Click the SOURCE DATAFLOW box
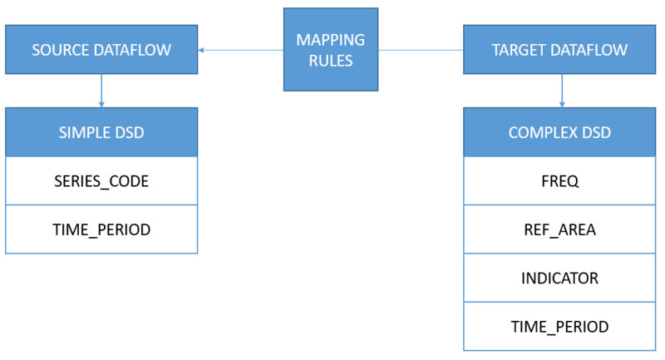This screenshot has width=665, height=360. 101,50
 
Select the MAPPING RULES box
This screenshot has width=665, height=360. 330,49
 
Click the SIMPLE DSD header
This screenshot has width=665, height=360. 101,132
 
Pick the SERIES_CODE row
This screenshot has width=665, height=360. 101,180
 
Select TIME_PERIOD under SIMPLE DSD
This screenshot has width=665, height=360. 101,229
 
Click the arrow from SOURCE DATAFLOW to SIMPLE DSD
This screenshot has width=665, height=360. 101,91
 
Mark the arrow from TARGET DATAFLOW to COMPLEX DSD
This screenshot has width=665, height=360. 563,91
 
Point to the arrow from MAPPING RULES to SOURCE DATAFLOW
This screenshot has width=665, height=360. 240,50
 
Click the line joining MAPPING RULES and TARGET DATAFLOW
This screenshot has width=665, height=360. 421,50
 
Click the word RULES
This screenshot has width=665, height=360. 330,61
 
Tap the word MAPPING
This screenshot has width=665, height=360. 330,38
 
